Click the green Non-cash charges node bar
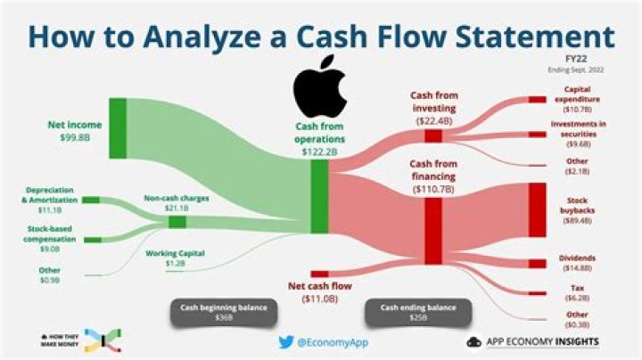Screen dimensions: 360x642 (177, 221)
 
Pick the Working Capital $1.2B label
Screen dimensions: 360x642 (175, 258)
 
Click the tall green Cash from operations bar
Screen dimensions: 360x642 (319, 198)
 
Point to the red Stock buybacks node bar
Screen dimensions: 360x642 (537, 209)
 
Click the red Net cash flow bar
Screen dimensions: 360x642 (319, 274)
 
